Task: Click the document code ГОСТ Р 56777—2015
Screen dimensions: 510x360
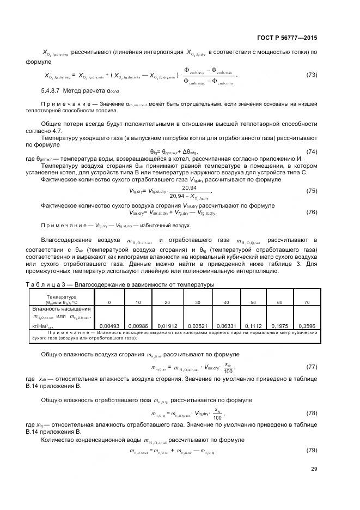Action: pos(286,38)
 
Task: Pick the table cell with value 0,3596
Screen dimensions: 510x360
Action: pos(307,325)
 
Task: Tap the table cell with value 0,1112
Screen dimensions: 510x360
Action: pos(252,325)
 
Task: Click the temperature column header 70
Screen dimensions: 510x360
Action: pos(307,302)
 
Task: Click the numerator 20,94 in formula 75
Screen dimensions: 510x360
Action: pos(182,188)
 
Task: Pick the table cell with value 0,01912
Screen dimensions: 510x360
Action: pos(167,325)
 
